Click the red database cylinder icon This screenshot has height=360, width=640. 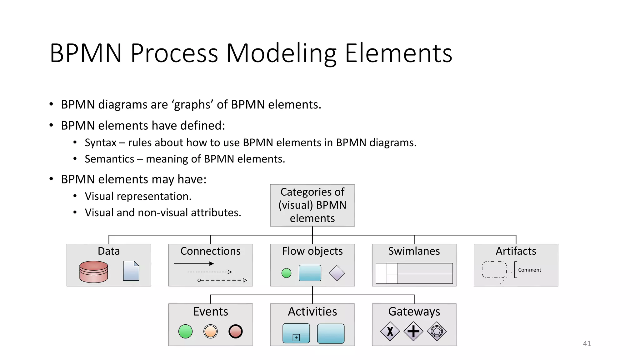[93, 272]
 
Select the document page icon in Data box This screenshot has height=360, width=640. [131, 271]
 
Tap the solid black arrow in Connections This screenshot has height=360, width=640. [194, 264]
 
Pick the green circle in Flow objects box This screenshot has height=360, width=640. [286, 273]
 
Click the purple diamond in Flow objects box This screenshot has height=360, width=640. [337, 273]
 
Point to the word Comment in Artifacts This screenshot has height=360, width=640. [529, 270]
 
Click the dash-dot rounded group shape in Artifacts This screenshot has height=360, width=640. [494, 270]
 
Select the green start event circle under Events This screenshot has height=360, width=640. [185, 331]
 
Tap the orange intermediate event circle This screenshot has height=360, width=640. [210, 331]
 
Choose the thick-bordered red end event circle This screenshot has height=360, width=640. [235, 331]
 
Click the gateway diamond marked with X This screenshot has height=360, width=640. [390, 331]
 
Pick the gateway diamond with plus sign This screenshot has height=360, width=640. [413, 331]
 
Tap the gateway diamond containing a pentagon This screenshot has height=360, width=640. [437, 331]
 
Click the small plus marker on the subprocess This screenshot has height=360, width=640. [296, 337]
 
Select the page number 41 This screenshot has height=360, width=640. [587, 343]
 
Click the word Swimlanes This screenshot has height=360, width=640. [414, 251]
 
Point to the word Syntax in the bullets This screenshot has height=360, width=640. [100, 143]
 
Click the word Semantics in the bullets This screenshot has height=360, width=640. [109, 159]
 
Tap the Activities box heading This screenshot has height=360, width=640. [312, 312]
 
